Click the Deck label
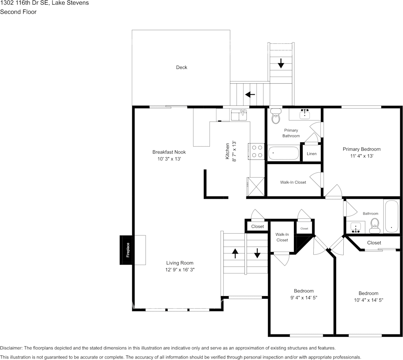[181, 67]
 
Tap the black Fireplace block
[127, 250]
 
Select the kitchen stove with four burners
[257, 151]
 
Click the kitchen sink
[239, 115]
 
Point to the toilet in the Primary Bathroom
[276, 116]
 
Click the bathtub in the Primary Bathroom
[284, 153]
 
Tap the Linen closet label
[311, 154]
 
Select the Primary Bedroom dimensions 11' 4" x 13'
[362, 156]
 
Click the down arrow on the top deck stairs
[281, 63]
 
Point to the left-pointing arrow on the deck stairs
[250, 94]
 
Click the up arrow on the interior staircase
[235, 253]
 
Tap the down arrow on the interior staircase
[257, 253]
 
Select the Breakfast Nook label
[169, 152]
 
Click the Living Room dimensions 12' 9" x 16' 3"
[180, 270]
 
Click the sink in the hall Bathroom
[356, 228]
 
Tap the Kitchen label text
[227, 151]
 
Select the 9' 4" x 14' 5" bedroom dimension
[303, 298]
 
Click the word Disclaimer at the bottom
[11, 348]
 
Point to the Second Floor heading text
[18, 12]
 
